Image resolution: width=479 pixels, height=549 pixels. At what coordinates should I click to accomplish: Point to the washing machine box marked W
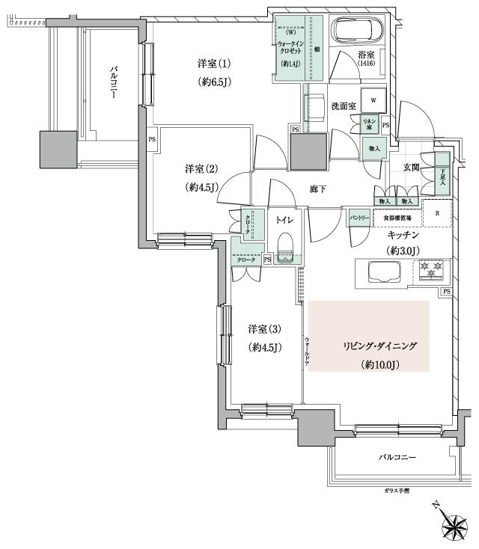[x=372, y=99]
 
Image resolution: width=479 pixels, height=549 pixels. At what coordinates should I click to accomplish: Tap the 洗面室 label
[x=345, y=105]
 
